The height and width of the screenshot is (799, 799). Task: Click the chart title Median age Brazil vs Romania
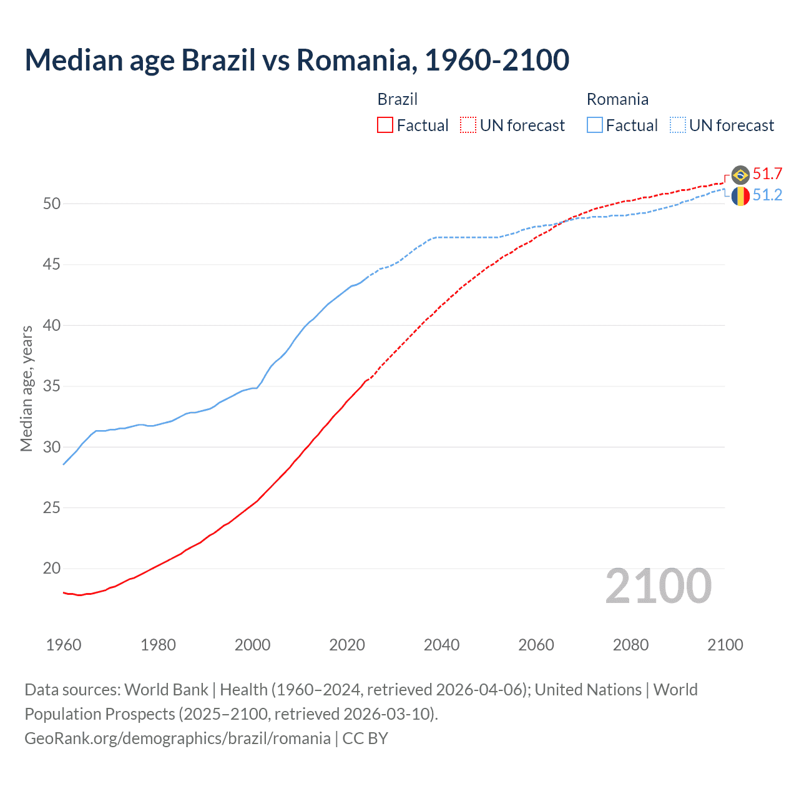pyautogui.click(x=297, y=60)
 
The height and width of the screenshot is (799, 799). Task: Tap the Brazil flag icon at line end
pyautogui.click(x=740, y=175)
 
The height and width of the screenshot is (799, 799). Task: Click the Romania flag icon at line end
pyautogui.click(x=740, y=196)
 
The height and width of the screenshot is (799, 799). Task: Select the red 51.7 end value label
pyautogui.click(x=767, y=174)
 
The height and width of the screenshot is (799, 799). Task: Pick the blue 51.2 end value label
pyautogui.click(x=767, y=195)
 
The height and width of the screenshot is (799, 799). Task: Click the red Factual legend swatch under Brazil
pyautogui.click(x=385, y=125)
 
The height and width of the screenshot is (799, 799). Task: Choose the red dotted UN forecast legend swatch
pyautogui.click(x=468, y=125)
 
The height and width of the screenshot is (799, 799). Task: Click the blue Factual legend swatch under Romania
pyautogui.click(x=595, y=125)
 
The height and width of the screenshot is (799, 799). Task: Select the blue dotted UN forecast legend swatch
pyautogui.click(x=678, y=125)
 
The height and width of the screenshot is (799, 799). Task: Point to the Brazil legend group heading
pyautogui.click(x=397, y=99)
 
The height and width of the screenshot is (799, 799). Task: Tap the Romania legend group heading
pyautogui.click(x=617, y=99)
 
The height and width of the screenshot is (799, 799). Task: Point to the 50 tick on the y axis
pyautogui.click(x=52, y=203)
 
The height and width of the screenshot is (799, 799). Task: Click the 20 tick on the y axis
pyautogui.click(x=52, y=569)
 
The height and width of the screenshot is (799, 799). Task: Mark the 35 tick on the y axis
pyautogui.click(x=52, y=386)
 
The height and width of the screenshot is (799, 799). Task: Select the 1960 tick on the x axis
pyautogui.click(x=64, y=645)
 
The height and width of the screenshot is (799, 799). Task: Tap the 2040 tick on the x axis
pyautogui.click(x=441, y=645)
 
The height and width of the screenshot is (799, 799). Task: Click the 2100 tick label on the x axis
pyautogui.click(x=725, y=645)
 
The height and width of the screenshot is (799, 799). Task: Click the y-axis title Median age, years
pyautogui.click(x=26, y=388)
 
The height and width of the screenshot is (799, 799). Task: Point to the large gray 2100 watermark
pyautogui.click(x=658, y=586)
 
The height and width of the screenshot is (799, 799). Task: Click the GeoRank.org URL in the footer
pyautogui.click(x=177, y=738)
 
